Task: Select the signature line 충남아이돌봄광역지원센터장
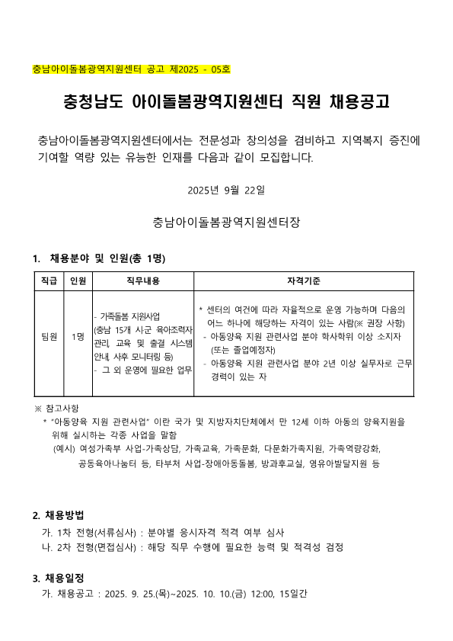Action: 226,223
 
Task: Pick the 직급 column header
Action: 49,281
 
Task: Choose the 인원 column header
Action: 77,281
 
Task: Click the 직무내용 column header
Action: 142,281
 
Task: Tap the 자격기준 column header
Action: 304,281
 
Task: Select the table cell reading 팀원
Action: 49,336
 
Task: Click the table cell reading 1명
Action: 77,336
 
